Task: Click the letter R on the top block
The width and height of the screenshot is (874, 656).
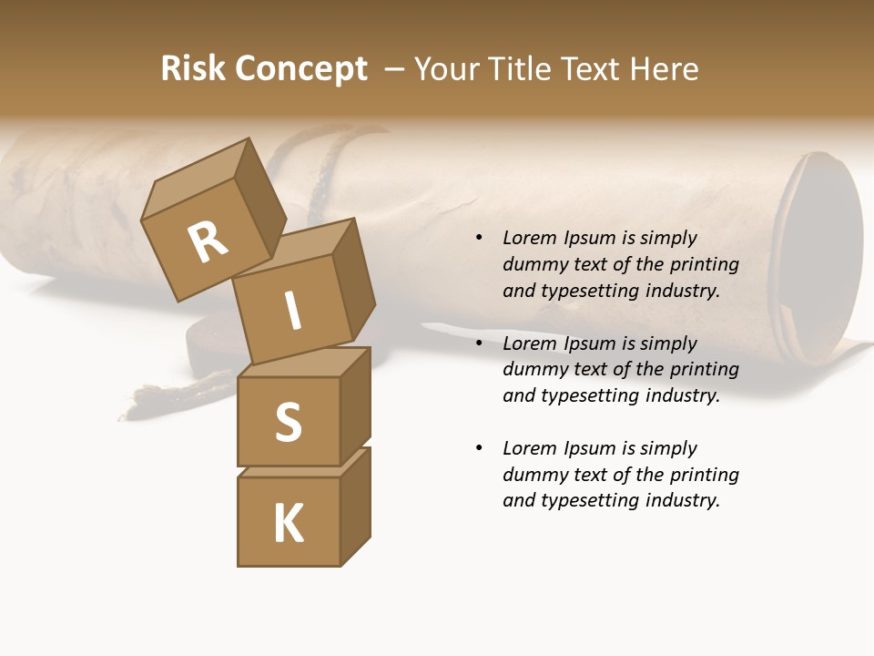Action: click(x=208, y=243)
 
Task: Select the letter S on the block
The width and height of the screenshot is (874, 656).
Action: click(x=288, y=422)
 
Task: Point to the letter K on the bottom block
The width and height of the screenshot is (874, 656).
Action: click(x=288, y=523)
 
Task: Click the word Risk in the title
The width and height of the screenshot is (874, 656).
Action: click(x=193, y=69)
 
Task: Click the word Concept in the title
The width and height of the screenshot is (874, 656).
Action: click(x=301, y=69)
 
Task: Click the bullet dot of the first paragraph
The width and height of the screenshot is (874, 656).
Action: click(x=479, y=238)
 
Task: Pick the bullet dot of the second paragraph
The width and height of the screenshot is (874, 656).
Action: click(x=479, y=343)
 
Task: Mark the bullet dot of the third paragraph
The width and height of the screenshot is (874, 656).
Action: click(x=479, y=448)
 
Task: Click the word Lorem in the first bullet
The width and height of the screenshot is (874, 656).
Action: click(x=528, y=238)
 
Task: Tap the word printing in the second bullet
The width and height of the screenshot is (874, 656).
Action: click(x=705, y=369)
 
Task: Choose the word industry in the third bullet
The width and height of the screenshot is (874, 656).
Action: click(x=682, y=500)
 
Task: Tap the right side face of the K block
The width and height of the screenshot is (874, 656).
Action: click(x=355, y=506)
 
